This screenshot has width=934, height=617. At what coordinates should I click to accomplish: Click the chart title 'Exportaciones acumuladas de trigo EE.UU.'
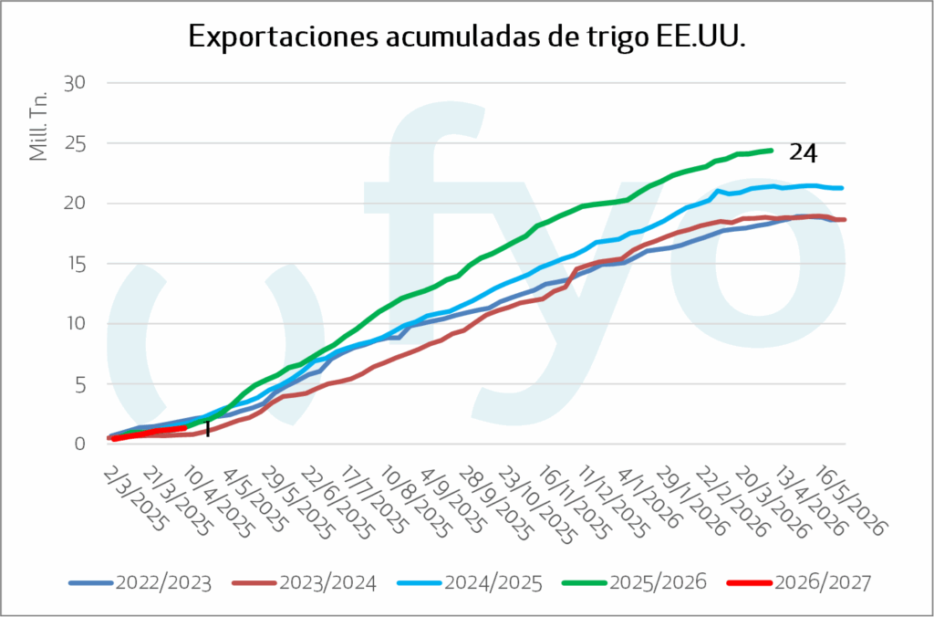coord(467,37)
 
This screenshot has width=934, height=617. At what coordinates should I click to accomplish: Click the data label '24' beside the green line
coord(803,152)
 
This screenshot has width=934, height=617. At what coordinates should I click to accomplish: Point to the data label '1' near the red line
coord(207,428)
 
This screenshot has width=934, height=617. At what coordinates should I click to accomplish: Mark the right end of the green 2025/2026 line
coord(773,151)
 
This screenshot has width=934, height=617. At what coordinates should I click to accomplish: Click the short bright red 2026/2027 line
coord(150,432)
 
